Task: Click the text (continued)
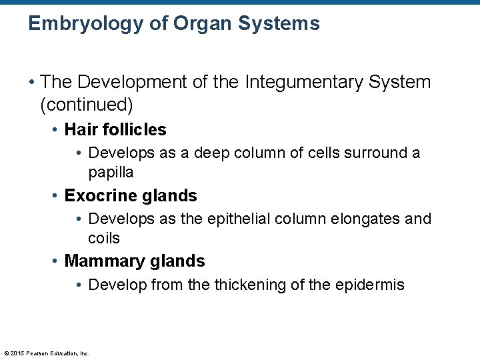(x=87, y=105)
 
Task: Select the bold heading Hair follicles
(x=115, y=129)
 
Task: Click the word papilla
(x=111, y=173)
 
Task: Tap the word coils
(x=104, y=238)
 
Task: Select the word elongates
(x=369, y=219)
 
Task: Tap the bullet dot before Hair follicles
(x=56, y=130)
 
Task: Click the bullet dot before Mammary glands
(x=56, y=261)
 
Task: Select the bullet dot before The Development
(x=32, y=83)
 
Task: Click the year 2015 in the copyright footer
(x=18, y=353)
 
